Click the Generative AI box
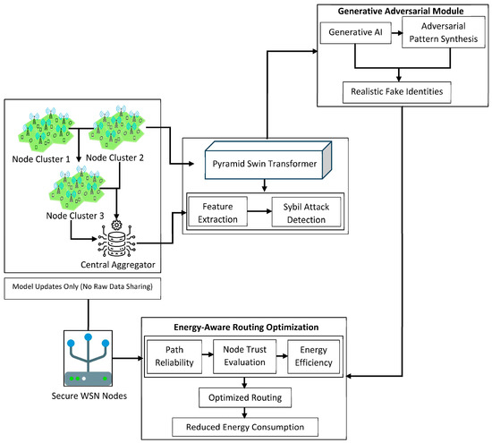coord(355,32)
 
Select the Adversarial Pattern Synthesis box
coord(444,32)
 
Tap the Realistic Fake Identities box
coord(396,92)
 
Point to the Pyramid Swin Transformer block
coord(268,160)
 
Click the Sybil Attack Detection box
coord(306,212)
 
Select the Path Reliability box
coord(174,357)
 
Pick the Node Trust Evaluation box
coord(244,356)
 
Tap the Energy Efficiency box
coord(313,357)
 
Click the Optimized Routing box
coord(245,397)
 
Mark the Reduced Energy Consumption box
coord(245,427)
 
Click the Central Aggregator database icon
coord(116,240)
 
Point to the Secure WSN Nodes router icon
coord(88,358)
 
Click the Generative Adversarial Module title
coord(401,12)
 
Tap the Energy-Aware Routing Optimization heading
coord(246,328)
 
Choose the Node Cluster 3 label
coord(74,216)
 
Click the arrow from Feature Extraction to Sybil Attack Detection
coord(259,211)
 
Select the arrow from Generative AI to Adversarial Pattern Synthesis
coord(397,33)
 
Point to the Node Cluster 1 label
coord(41,159)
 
